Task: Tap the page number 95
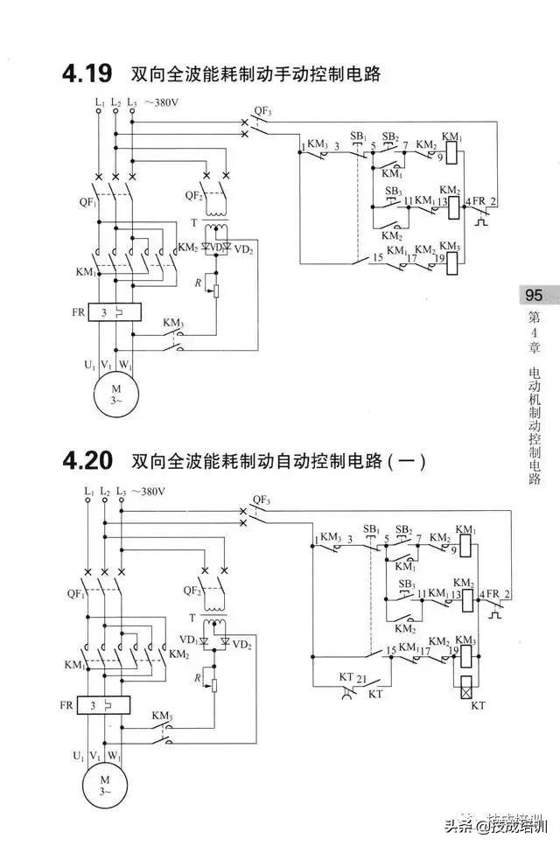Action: point(534,295)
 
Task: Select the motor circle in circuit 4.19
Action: point(113,384)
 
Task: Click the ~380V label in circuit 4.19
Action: point(164,102)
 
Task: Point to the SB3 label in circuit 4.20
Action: point(406,584)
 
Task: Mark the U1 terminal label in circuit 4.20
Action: point(77,754)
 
